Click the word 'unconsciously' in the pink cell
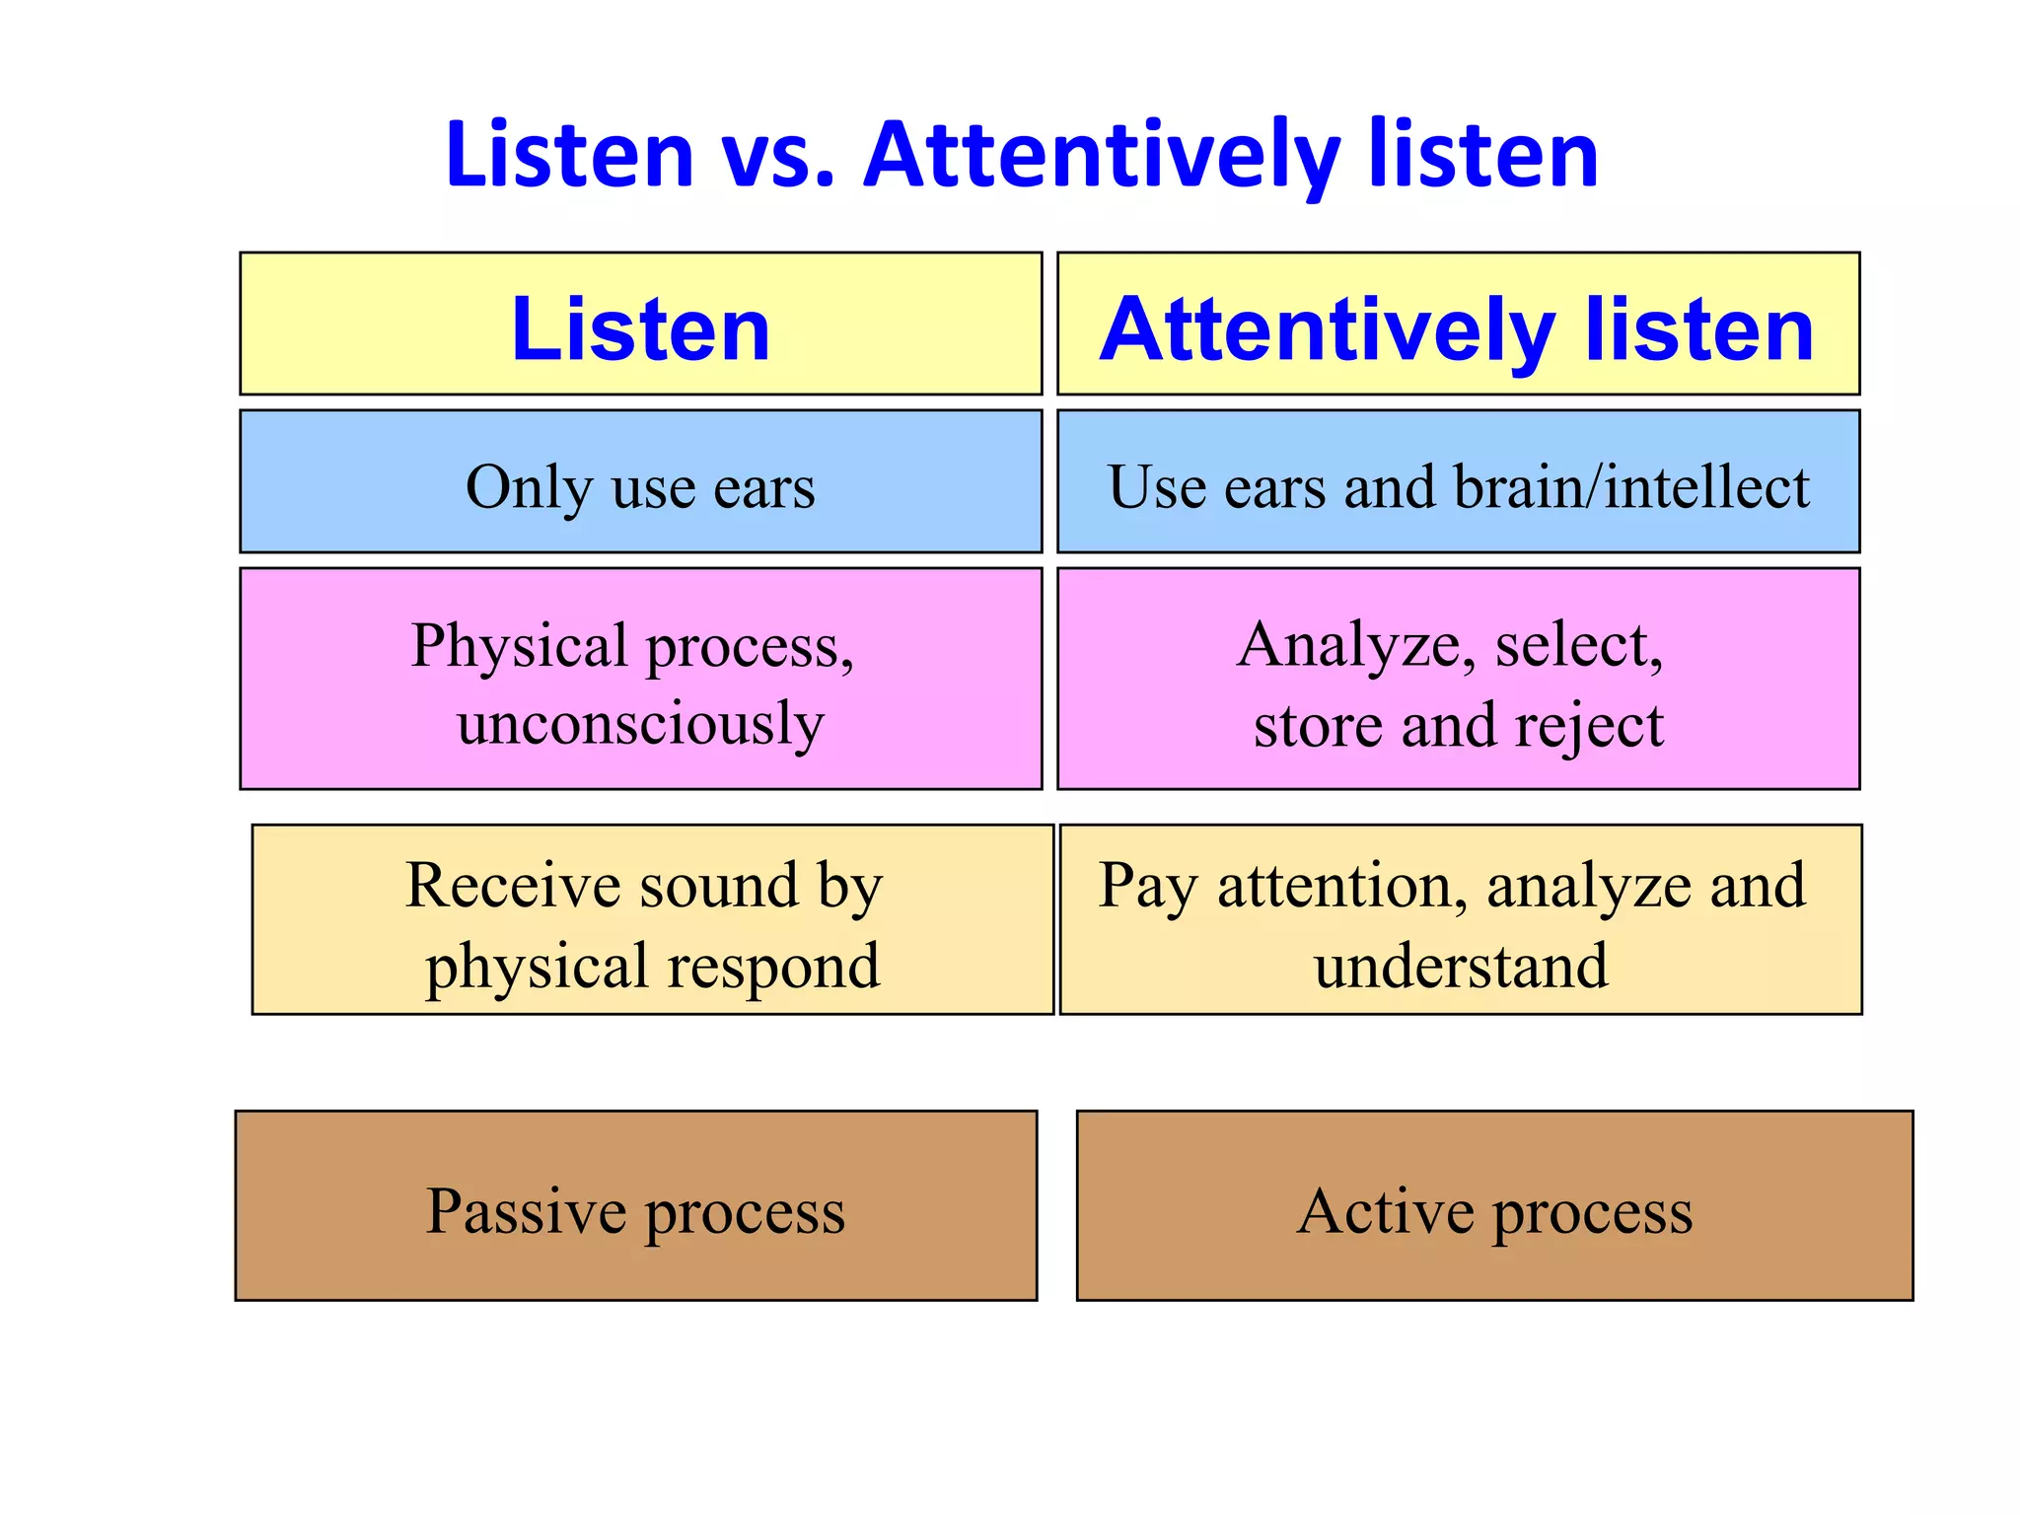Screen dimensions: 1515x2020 tap(641, 725)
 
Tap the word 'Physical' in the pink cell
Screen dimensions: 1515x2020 tap(520, 646)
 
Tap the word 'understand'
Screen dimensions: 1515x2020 tap(1460, 967)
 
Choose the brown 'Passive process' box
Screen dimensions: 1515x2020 tap(636, 1205)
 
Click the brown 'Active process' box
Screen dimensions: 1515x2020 tap(1494, 1205)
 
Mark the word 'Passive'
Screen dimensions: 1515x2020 tap(525, 1210)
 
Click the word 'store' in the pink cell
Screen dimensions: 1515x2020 tap(1318, 727)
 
